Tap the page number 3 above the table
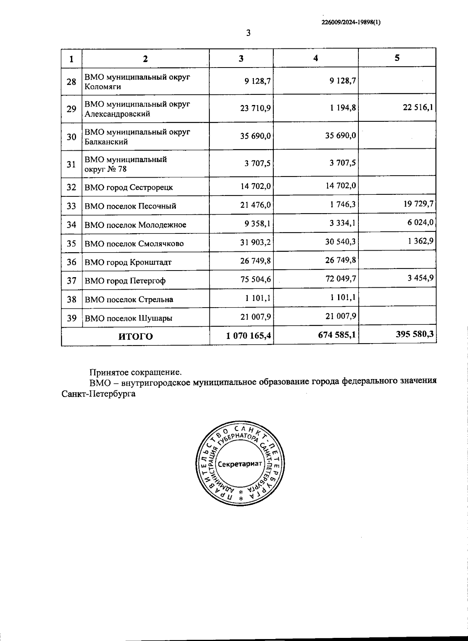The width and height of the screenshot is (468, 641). click(x=248, y=33)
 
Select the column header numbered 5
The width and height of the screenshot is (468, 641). click(x=397, y=58)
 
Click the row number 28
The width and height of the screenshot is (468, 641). click(x=71, y=82)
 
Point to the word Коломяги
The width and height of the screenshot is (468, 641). click(x=103, y=87)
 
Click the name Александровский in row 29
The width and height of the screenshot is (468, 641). click(x=117, y=114)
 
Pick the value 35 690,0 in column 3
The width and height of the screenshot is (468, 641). click(x=256, y=136)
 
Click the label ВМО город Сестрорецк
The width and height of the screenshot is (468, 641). click(x=129, y=187)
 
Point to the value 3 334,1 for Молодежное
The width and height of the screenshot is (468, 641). click(x=340, y=223)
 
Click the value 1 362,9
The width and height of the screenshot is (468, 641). click(x=421, y=241)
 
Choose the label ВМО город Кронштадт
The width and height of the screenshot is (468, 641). click(x=128, y=262)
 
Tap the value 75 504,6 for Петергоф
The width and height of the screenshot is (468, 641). click(x=256, y=280)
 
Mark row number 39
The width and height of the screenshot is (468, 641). click(x=71, y=318)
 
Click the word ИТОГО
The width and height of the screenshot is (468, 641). click(x=136, y=337)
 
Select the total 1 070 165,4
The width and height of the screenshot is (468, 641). click(x=248, y=336)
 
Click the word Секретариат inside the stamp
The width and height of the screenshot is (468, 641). click(x=240, y=465)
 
